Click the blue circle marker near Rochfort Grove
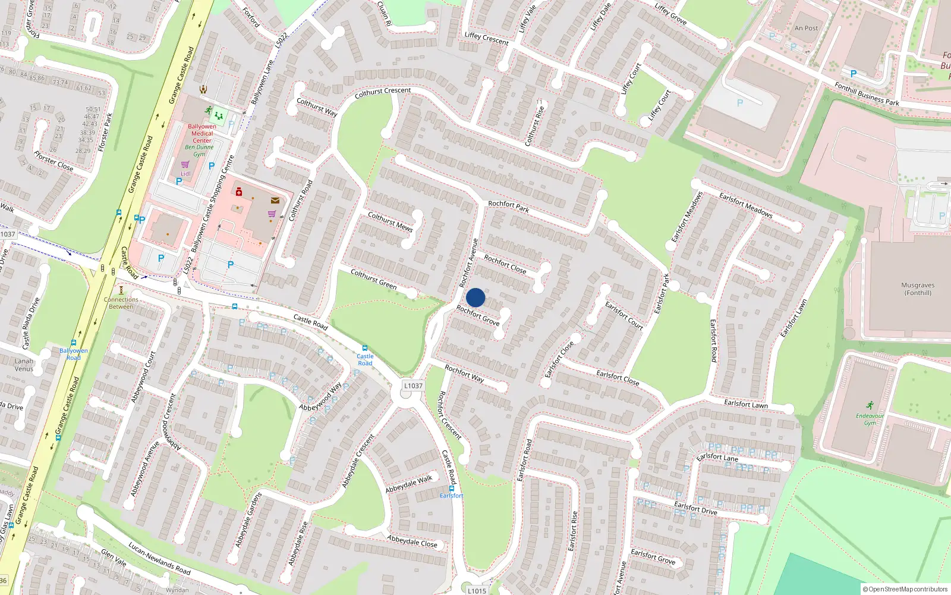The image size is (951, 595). click(475, 297)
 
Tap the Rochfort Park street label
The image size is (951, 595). click(508, 206)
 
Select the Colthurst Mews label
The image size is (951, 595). click(390, 221)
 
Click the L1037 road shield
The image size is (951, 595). click(413, 386)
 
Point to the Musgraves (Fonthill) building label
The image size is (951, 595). click(918, 289)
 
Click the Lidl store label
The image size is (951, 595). click(185, 174)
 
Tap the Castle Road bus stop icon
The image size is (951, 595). click(365, 349)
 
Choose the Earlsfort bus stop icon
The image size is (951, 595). click(452, 488)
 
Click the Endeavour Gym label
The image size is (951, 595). click(870, 419)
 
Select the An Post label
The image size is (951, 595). click(806, 28)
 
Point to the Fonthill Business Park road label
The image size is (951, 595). click(867, 94)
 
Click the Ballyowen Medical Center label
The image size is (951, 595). click(202, 133)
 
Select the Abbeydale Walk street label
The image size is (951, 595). click(409, 484)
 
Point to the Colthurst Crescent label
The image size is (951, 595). click(382, 93)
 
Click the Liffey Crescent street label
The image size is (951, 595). click(486, 38)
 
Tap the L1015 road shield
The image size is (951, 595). click(477, 591)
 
